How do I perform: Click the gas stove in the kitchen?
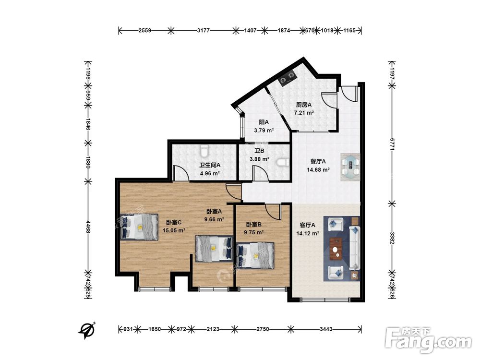[288, 77]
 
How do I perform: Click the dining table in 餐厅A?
[351, 166]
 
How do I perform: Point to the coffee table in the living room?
[336, 249]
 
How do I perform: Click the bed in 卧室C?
[139, 227]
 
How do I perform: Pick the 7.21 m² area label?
[304, 113]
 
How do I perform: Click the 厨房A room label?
[304, 105]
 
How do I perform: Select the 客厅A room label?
[307, 225]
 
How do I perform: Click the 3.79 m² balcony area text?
[264, 130]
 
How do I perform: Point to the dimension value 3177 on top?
[203, 30]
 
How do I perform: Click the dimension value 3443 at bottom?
[326, 329]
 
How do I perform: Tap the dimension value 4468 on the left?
[88, 227]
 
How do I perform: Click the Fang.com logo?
[428, 339]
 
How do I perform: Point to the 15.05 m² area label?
[174, 230]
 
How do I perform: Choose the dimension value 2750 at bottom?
[263, 329]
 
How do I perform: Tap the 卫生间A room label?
[210, 165]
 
